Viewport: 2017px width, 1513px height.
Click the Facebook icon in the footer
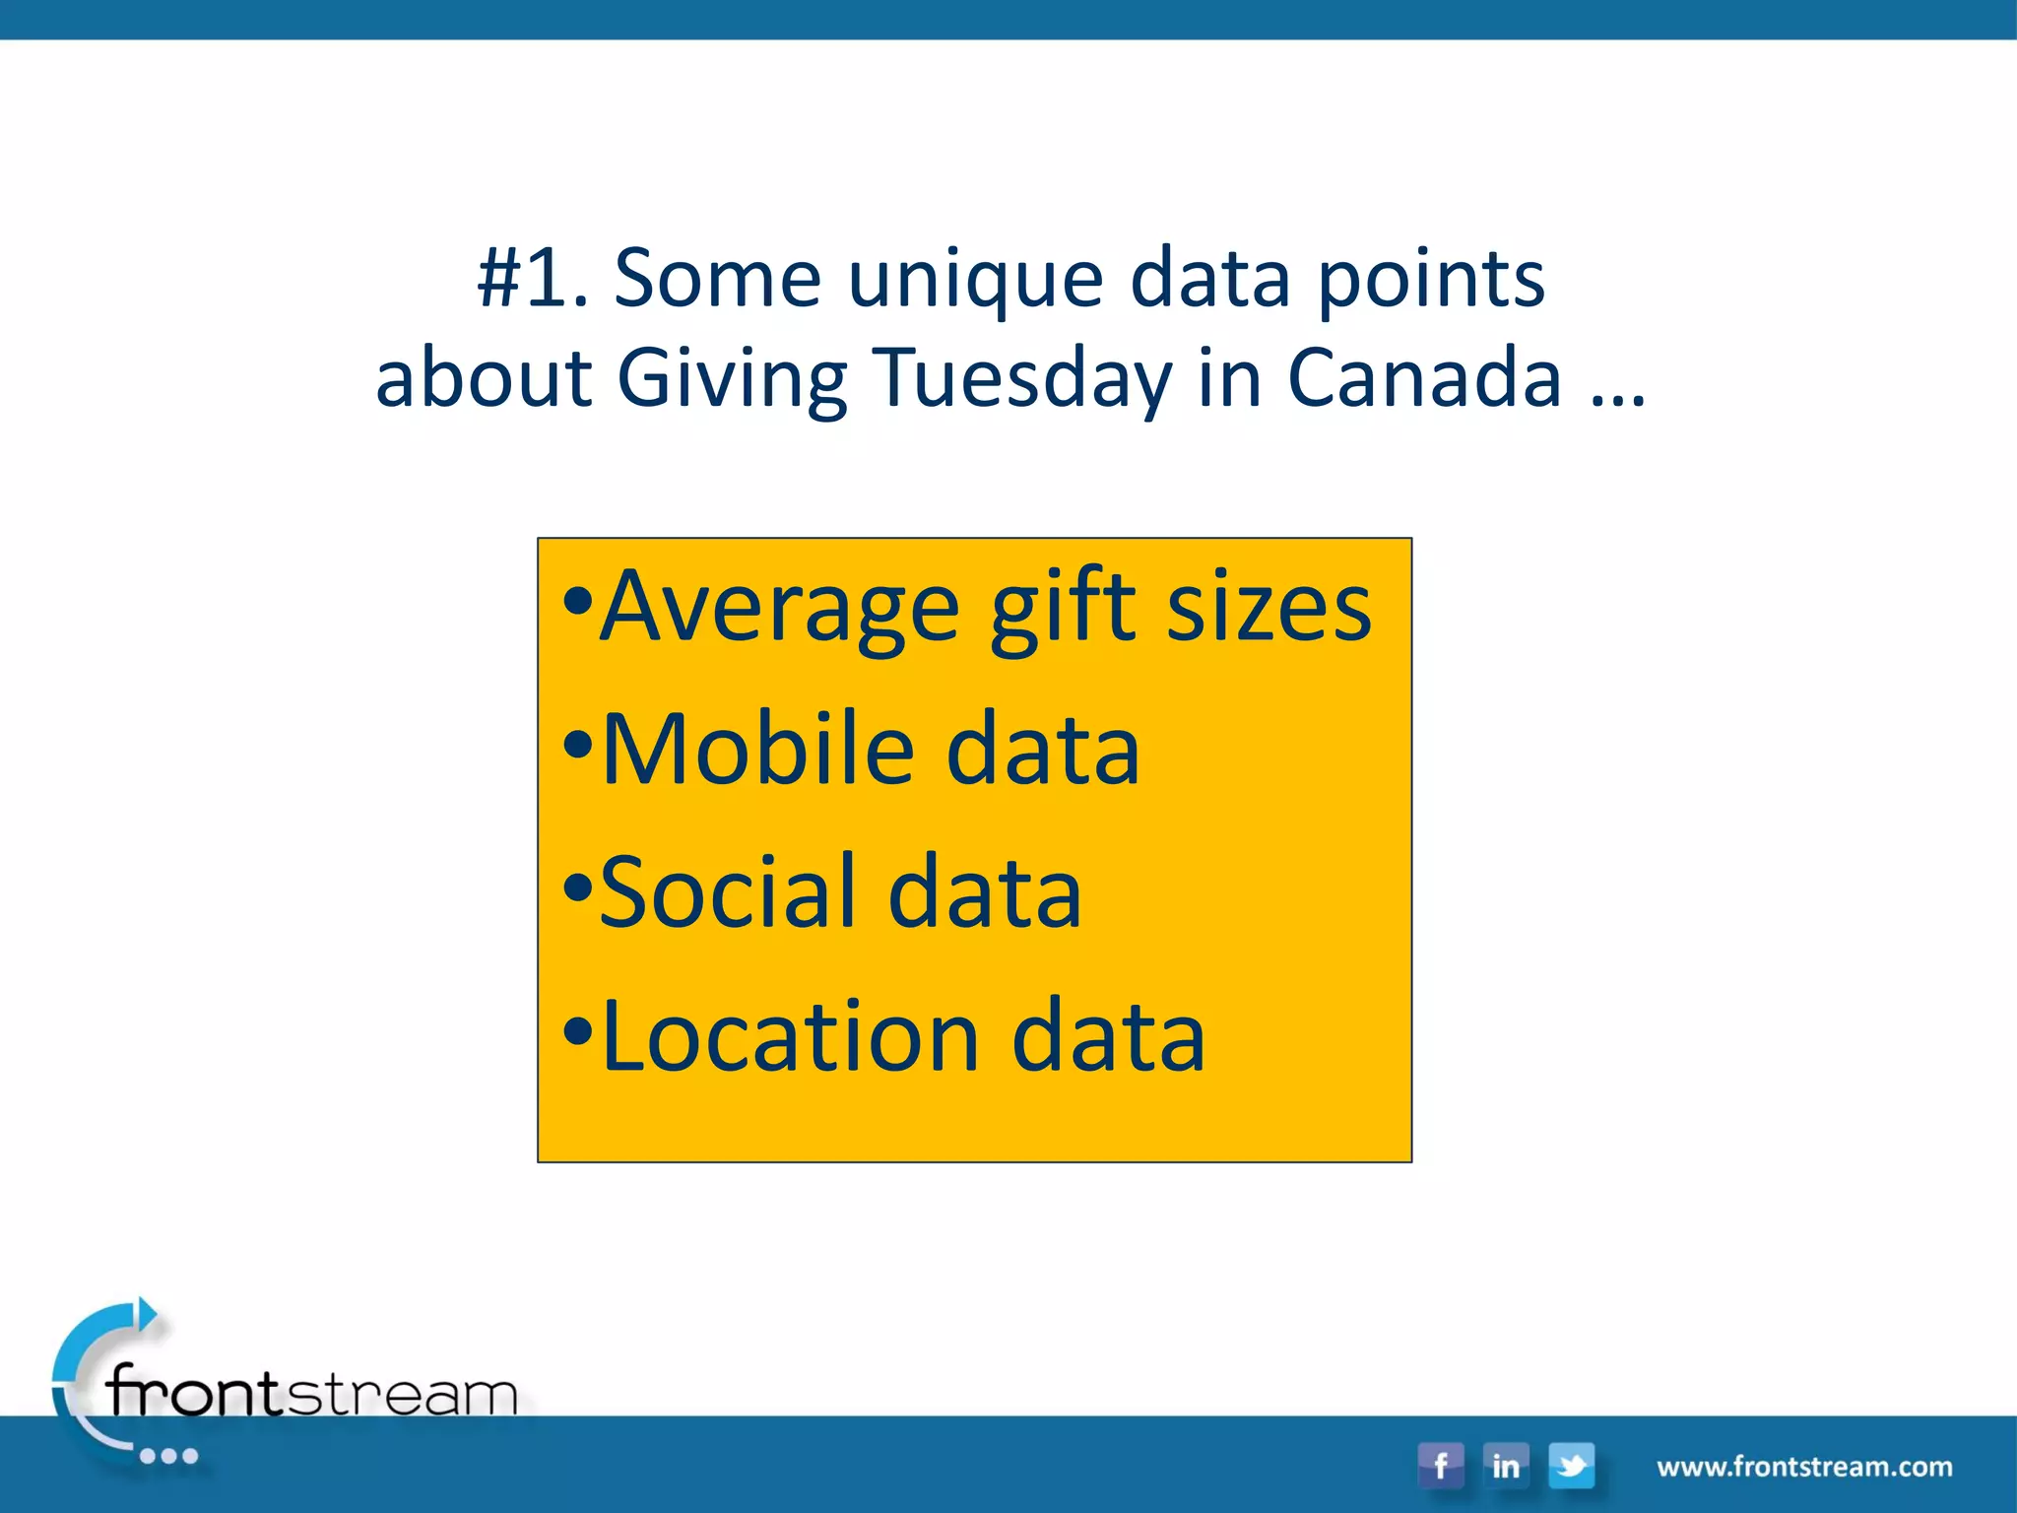point(1440,1465)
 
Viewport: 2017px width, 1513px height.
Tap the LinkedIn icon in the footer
point(1505,1465)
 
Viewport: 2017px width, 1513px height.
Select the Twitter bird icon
point(1571,1465)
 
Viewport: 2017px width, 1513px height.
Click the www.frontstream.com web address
point(1804,1467)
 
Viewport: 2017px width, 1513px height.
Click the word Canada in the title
point(1424,378)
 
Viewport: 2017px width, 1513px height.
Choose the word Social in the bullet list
point(727,892)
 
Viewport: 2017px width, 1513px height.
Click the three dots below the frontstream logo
point(168,1456)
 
